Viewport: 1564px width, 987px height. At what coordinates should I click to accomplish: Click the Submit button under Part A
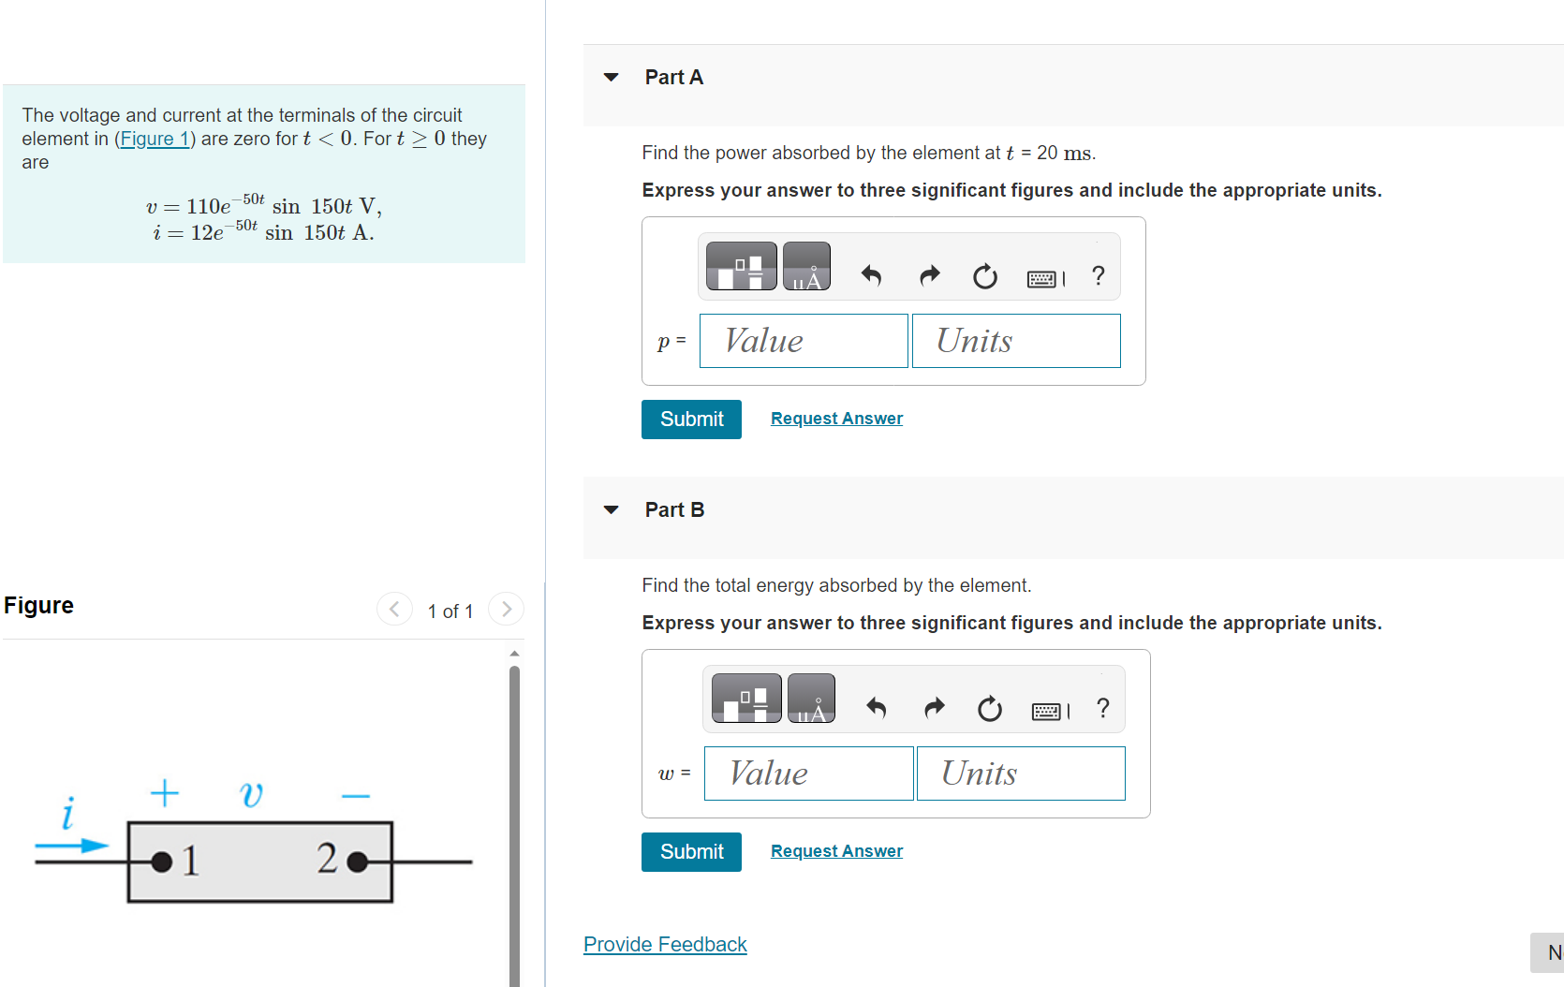(x=691, y=420)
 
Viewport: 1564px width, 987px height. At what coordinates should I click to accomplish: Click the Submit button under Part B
(x=691, y=852)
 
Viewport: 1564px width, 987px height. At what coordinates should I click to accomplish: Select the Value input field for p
(x=804, y=341)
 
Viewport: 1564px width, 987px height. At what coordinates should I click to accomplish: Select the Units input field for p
(x=1016, y=341)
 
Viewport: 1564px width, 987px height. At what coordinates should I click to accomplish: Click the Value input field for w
(x=808, y=773)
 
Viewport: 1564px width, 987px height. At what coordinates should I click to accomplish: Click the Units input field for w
(x=1021, y=773)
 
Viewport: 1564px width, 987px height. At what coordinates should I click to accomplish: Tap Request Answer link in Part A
(x=836, y=419)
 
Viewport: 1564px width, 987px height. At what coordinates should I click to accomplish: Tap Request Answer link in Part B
(x=836, y=851)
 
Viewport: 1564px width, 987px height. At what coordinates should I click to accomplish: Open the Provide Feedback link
(x=665, y=944)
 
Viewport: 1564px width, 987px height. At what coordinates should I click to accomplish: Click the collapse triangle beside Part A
(x=612, y=77)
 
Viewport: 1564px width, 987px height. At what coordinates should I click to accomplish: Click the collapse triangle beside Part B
(x=612, y=509)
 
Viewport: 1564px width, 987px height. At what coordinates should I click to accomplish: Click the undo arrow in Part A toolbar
(x=871, y=275)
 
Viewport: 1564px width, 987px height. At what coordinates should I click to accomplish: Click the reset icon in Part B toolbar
(x=989, y=709)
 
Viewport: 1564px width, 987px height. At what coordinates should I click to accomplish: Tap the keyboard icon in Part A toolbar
(x=1044, y=278)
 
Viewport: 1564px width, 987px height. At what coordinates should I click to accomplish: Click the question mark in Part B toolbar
(x=1103, y=708)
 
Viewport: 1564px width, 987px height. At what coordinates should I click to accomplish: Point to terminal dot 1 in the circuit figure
(x=162, y=862)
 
